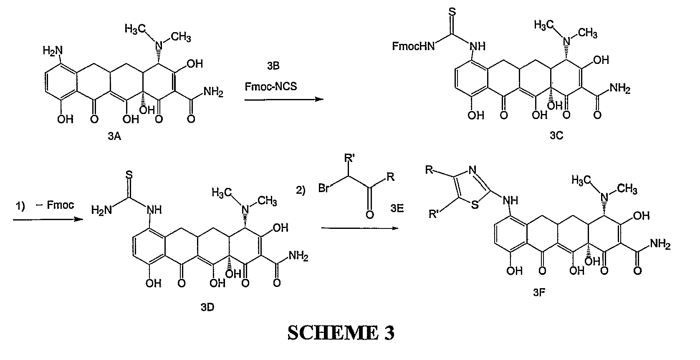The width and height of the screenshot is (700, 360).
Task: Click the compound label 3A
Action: click(x=114, y=136)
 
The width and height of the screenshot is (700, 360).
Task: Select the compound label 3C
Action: click(x=556, y=135)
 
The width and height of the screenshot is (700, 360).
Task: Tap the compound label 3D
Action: click(x=207, y=307)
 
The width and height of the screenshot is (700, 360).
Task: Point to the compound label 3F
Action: click(x=539, y=292)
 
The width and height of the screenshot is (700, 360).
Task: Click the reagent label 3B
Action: click(x=273, y=66)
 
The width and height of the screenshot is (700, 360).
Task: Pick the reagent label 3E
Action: click(x=397, y=208)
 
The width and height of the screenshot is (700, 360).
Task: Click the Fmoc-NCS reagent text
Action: click(x=270, y=86)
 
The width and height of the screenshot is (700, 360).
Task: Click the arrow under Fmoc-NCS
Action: click(x=284, y=99)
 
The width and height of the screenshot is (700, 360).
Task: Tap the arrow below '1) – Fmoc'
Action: click(x=48, y=220)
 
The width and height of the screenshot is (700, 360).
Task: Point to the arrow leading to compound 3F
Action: click(x=360, y=228)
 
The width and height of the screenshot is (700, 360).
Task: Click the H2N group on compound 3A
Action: click(x=53, y=51)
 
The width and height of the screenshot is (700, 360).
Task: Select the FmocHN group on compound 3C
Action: click(x=413, y=46)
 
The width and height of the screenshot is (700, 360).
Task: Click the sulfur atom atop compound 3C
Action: click(x=452, y=12)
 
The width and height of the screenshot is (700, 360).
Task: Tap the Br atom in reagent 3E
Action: click(x=324, y=188)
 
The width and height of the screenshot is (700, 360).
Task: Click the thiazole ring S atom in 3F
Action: click(x=475, y=205)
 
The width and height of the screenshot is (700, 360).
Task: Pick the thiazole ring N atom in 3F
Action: click(x=473, y=170)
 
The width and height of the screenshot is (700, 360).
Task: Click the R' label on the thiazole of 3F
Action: click(x=434, y=214)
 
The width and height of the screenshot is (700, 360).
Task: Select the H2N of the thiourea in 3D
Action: click(x=101, y=210)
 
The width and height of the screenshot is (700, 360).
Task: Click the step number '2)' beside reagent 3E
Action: click(x=301, y=190)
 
